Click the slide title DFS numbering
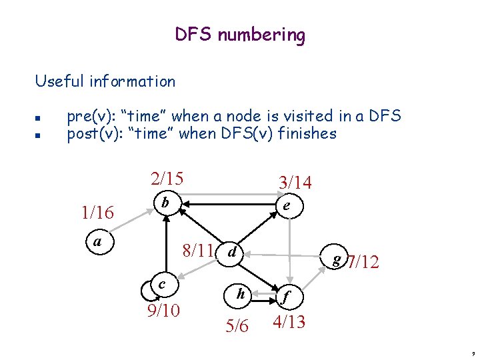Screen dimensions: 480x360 [240, 35]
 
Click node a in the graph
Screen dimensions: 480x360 [98, 241]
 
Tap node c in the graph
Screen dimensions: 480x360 [162, 285]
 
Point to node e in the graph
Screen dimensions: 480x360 [286, 207]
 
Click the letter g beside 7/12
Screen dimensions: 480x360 [339, 258]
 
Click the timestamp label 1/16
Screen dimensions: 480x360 [97, 213]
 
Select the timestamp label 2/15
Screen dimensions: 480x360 [167, 179]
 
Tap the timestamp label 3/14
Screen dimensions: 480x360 [295, 183]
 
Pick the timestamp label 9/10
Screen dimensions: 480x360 [163, 310]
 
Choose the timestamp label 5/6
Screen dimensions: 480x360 [237, 325]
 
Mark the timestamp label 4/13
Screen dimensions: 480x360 [288, 322]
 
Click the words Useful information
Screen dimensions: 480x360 [105, 82]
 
